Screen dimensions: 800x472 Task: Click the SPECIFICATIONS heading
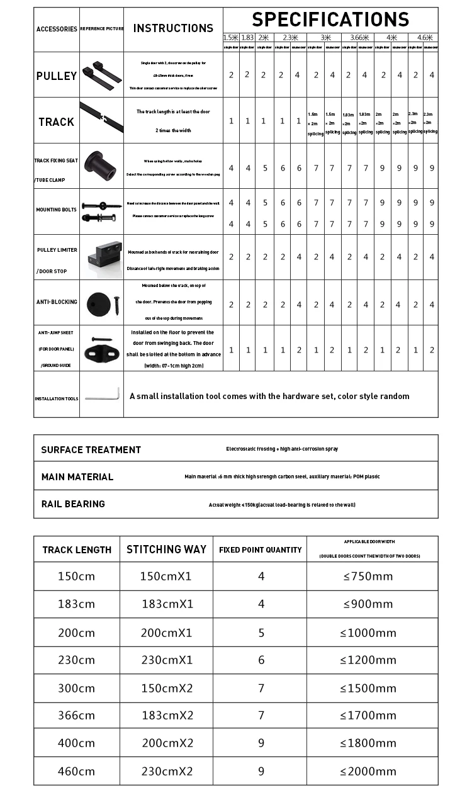coord(330,20)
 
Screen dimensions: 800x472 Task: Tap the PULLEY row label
coord(57,76)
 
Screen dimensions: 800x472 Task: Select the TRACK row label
coord(57,121)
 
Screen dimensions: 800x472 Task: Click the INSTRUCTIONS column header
coord(173,28)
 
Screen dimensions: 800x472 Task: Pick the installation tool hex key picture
coord(102,394)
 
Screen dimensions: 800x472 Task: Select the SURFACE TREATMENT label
coord(91,449)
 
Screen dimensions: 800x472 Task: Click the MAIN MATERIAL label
coord(77,476)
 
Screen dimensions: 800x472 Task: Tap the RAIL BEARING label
coord(73,504)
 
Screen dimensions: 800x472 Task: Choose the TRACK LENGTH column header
coord(77,549)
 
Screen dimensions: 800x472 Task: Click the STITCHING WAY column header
coord(166,549)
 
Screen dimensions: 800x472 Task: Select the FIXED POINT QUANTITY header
coord(260,549)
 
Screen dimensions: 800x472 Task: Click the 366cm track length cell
coord(77,715)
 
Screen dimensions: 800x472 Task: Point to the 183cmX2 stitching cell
coord(167,715)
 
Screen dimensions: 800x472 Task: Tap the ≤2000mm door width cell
coord(368,771)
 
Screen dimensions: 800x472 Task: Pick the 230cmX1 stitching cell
coord(166,660)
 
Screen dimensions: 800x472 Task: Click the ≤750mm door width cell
coord(368,576)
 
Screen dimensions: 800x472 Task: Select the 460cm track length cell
coord(77,771)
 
